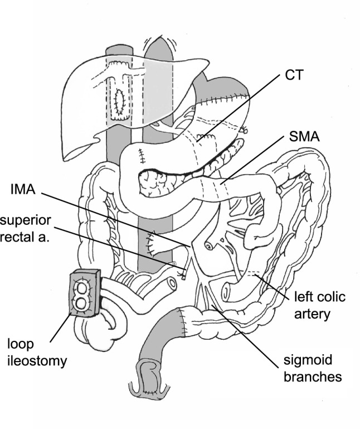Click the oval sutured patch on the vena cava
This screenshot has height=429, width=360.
pyautogui.click(x=118, y=102)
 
